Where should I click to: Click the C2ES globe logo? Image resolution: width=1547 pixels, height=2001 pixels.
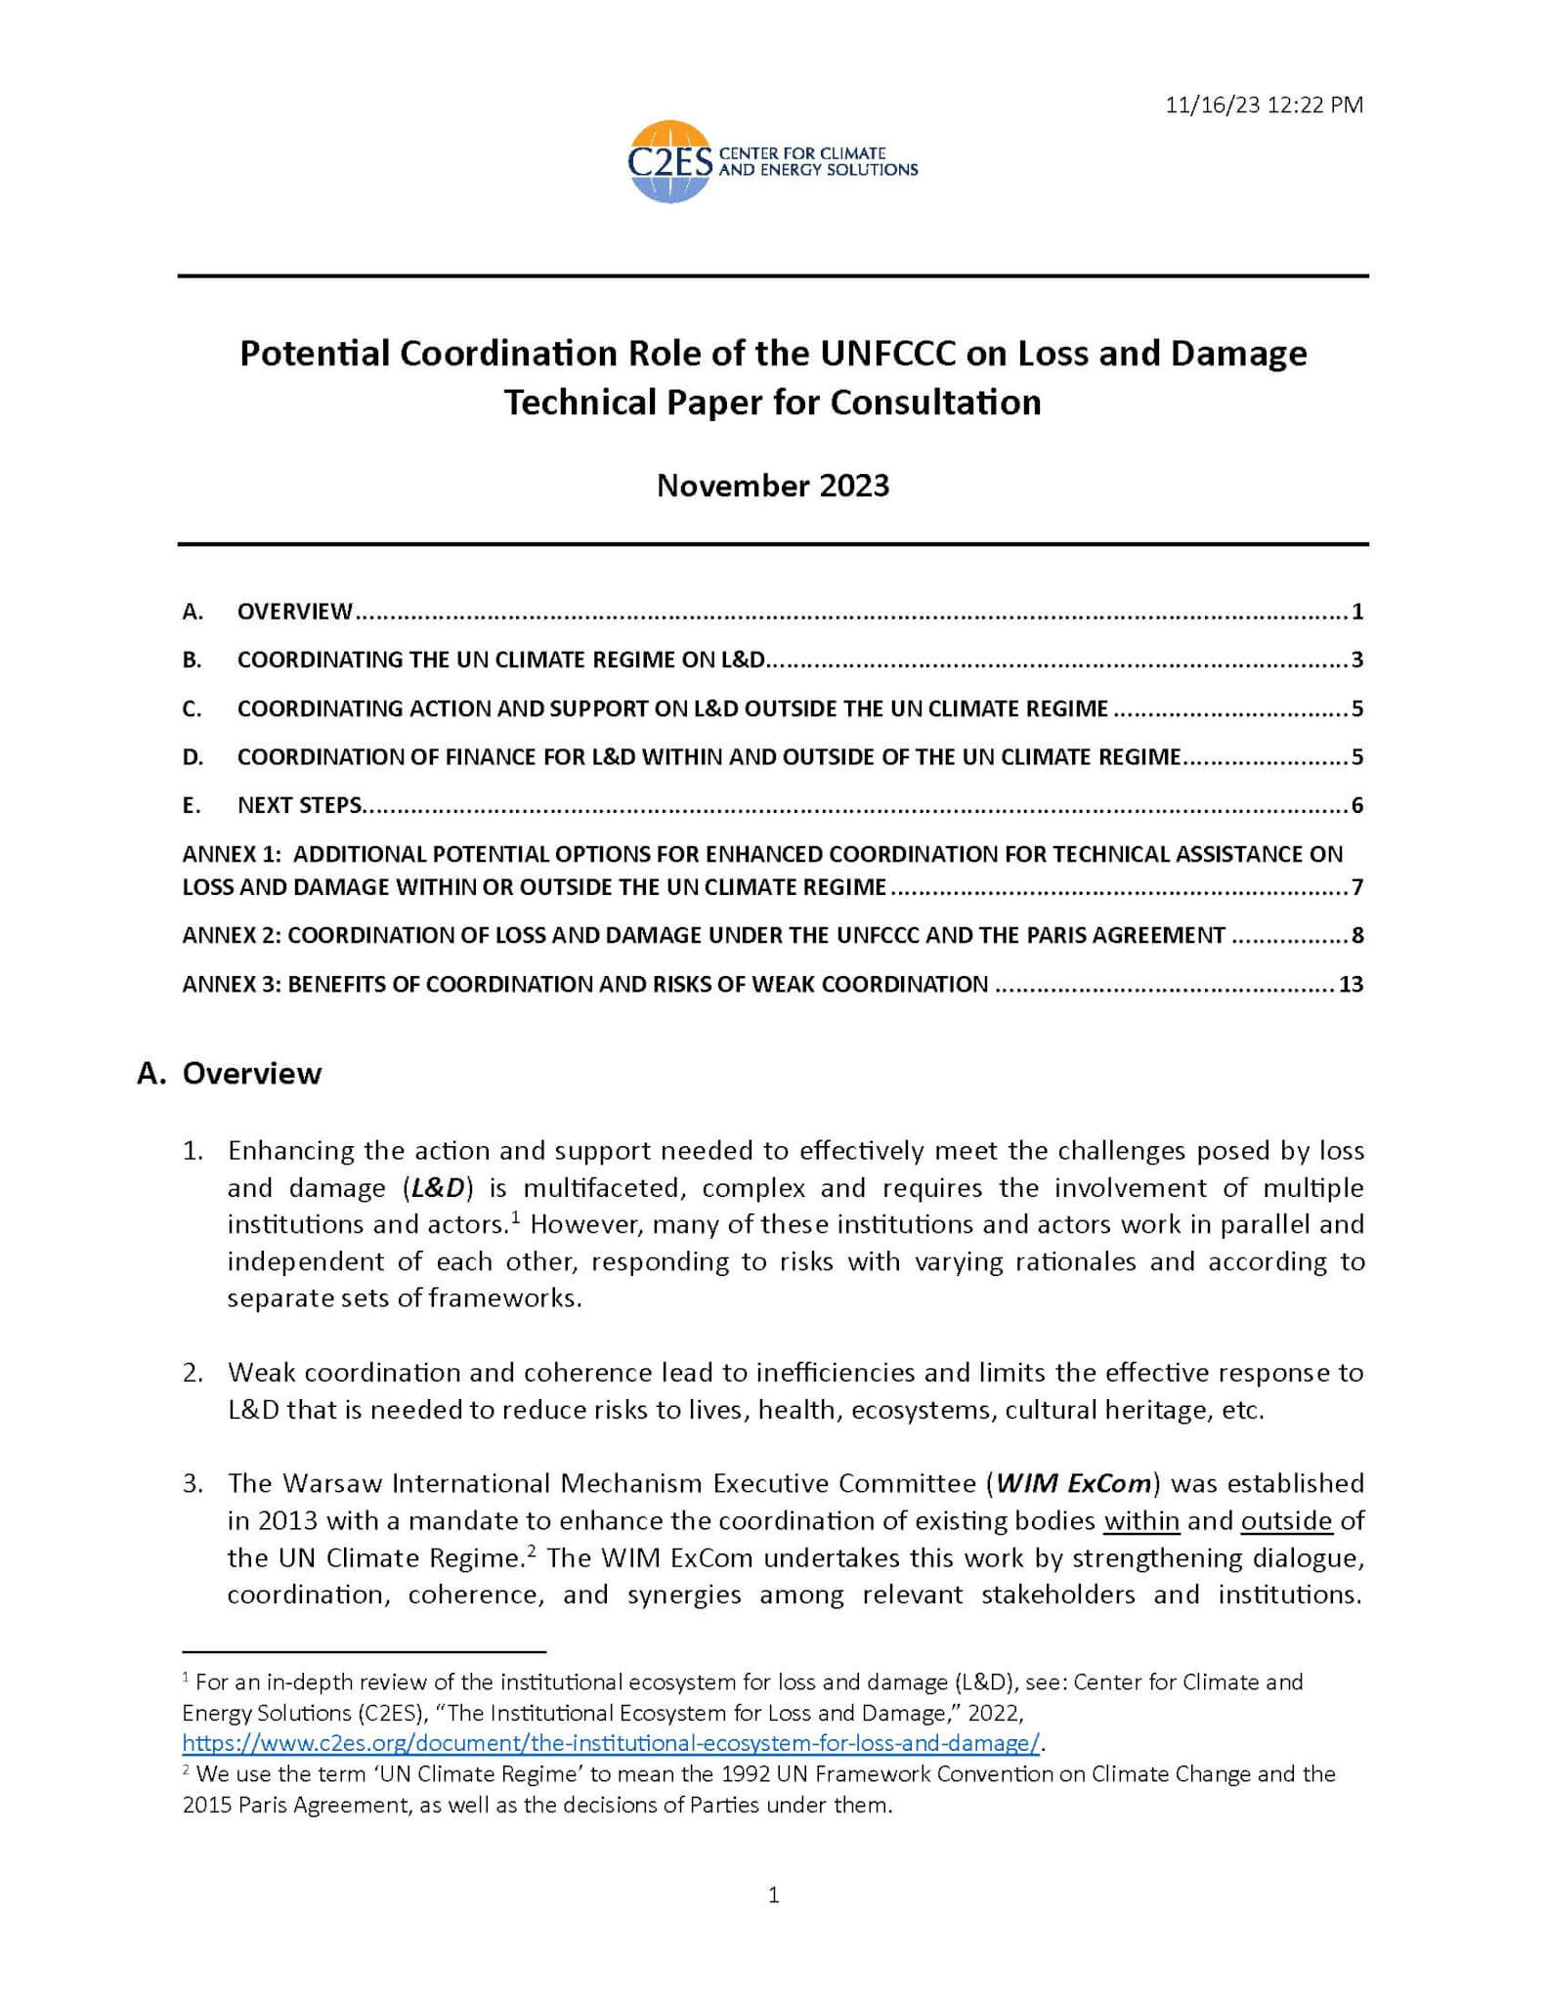(670, 161)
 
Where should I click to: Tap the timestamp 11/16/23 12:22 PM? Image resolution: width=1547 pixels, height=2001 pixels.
(1264, 106)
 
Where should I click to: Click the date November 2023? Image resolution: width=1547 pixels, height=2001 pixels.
(773, 486)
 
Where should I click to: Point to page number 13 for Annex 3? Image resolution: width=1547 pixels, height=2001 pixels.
(1351, 984)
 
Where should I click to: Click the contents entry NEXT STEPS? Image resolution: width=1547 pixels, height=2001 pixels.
(299, 806)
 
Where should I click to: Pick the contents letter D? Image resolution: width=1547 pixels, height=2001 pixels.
(192, 757)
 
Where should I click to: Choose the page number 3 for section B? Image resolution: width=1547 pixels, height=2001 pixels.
(1356, 660)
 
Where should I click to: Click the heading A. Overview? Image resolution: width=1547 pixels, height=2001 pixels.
(230, 1073)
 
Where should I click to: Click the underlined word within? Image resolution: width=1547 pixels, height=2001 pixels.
(1140, 1521)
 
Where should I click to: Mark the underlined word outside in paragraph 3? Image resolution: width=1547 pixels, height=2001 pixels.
(1286, 1521)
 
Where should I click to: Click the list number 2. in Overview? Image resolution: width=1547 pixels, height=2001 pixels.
(193, 1373)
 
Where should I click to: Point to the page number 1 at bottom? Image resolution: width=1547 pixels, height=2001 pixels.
(774, 1895)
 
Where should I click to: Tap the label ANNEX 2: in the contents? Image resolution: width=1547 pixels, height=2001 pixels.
(232, 936)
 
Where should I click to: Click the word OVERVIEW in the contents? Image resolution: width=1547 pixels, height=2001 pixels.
(294, 613)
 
